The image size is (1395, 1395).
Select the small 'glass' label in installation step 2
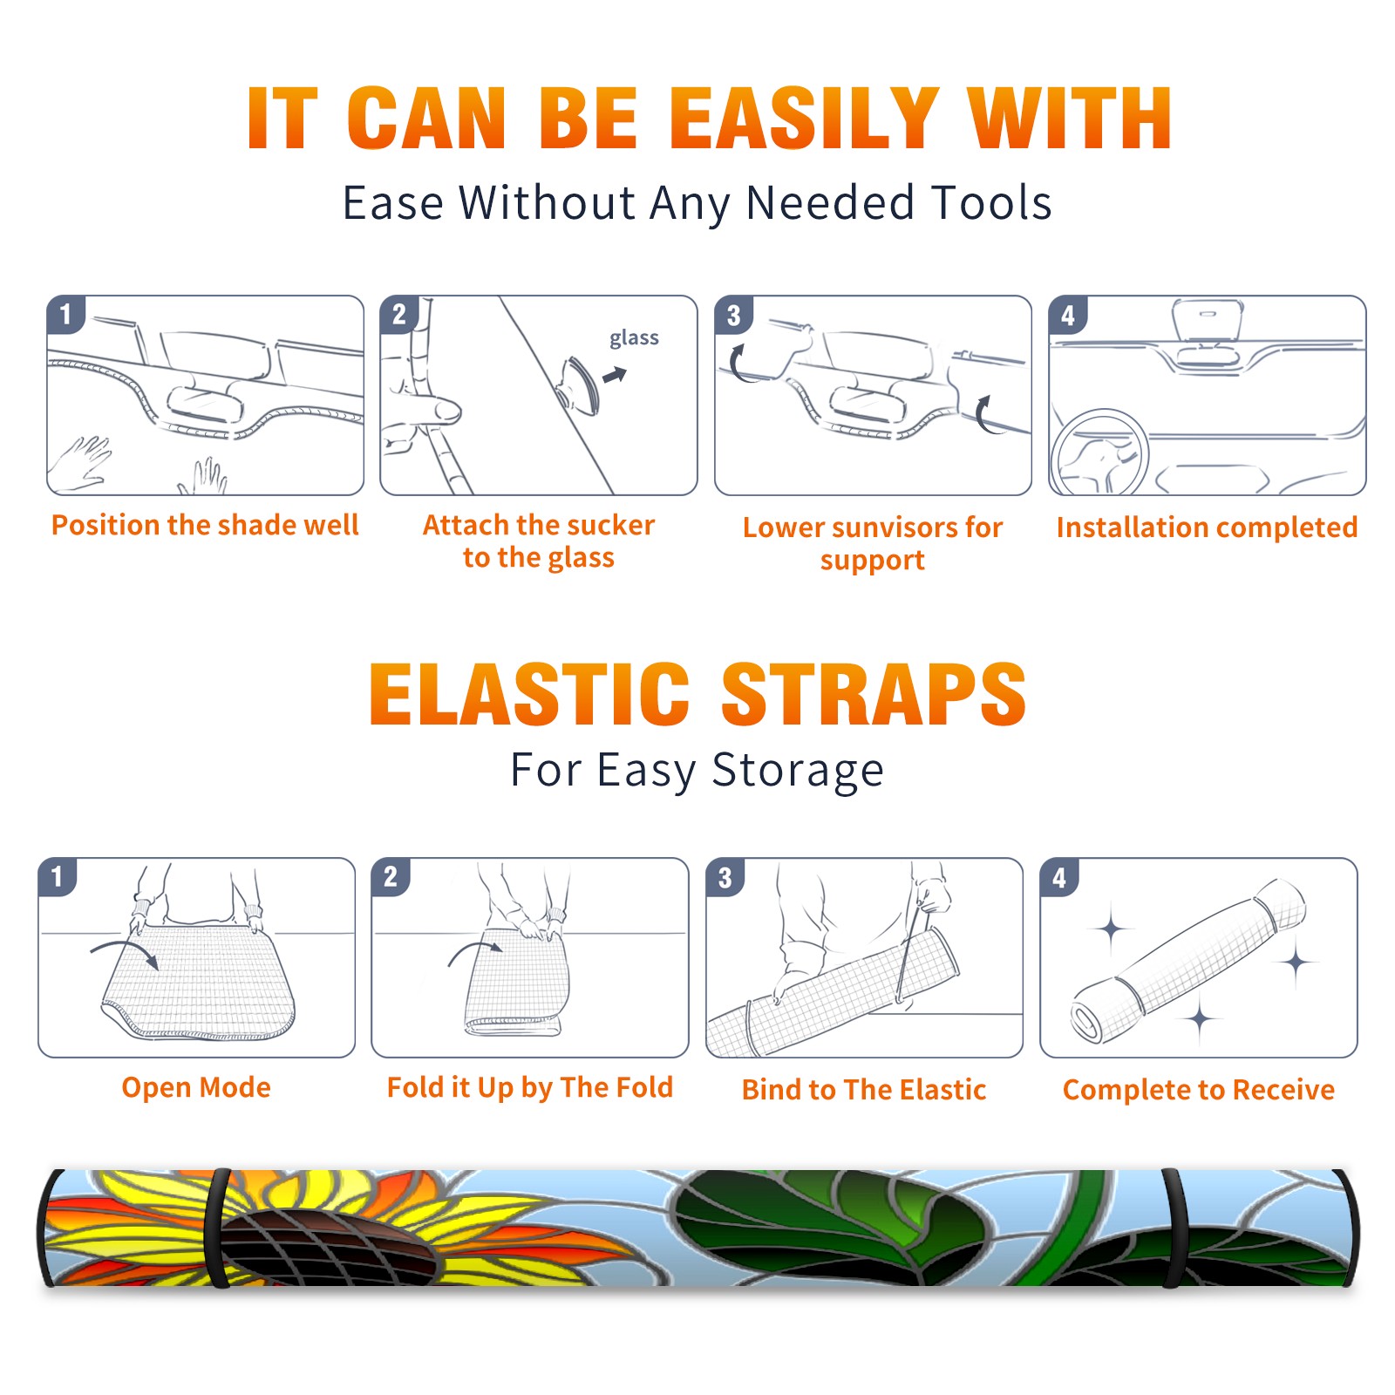tap(634, 337)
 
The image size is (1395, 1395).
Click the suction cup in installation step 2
tap(581, 385)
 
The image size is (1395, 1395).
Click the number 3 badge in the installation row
tap(733, 315)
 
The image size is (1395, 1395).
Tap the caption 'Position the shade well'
tap(205, 525)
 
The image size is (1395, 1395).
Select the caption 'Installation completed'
tap(1207, 527)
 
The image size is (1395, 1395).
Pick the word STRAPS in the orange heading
tap(874, 694)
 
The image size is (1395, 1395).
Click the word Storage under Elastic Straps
tap(798, 771)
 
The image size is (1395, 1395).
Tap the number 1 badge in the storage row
tap(58, 876)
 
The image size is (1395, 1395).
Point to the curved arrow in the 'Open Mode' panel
tap(126, 950)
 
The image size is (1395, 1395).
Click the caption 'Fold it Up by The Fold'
tap(530, 1087)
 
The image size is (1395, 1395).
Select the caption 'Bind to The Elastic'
tap(864, 1090)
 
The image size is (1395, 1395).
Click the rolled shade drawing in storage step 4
tap(1188, 961)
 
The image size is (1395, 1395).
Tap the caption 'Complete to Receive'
tap(1199, 1090)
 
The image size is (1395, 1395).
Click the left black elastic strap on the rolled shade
tap(219, 1228)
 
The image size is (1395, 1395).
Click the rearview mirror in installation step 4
tap(1208, 320)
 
